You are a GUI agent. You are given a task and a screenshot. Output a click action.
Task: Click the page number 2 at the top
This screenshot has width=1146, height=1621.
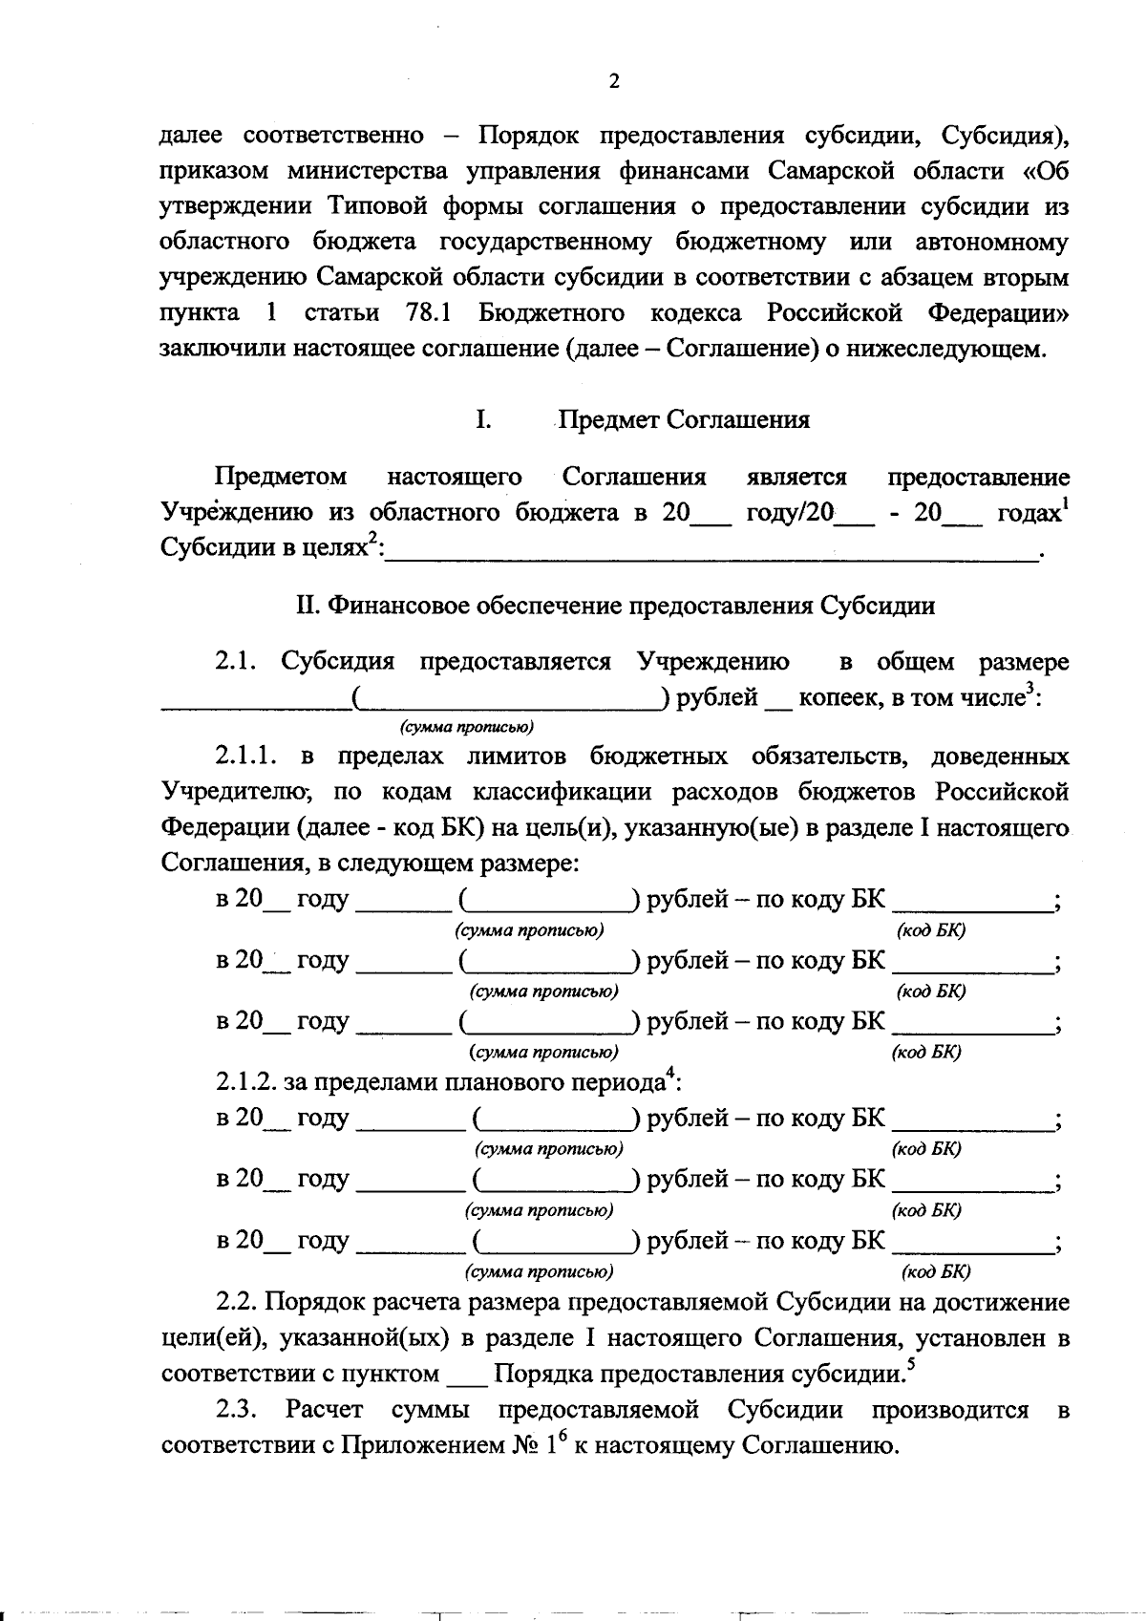(x=614, y=81)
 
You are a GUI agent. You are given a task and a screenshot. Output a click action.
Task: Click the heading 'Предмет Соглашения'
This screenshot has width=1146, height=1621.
(x=684, y=420)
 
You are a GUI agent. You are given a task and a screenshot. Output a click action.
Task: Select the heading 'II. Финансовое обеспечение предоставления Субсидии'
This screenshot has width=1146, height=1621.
(x=615, y=606)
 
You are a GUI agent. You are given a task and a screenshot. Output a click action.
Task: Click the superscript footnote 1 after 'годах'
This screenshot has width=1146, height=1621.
(x=1065, y=505)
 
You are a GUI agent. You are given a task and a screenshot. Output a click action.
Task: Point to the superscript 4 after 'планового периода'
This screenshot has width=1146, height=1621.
(x=670, y=1076)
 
